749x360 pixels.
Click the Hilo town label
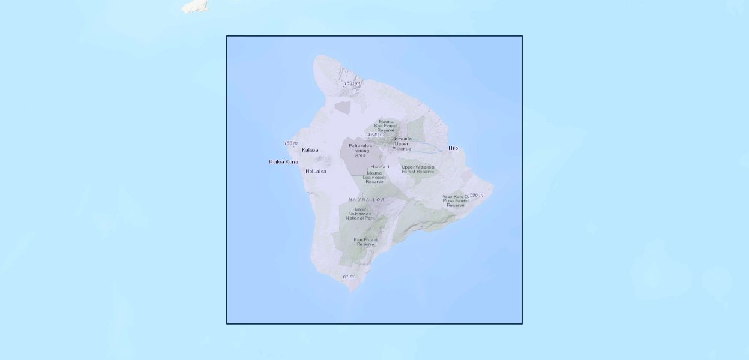coord(453,148)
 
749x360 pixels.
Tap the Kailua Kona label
coord(283,161)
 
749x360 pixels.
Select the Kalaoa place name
coord(310,150)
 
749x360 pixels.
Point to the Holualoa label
coord(316,171)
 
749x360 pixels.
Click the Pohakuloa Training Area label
coord(360,150)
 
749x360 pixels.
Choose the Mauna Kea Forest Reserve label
coord(386,125)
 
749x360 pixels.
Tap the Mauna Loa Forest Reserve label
coord(374,177)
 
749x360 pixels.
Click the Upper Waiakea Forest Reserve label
coord(418,169)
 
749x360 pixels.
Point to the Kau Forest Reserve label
coord(365,242)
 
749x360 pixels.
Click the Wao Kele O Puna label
coord(456,200)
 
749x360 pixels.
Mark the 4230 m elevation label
coord(376,134)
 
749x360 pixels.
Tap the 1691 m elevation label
coord(352,83)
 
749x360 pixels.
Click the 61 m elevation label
coord(348,277)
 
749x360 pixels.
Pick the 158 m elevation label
coord(290,143)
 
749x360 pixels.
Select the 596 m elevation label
coord(476,195)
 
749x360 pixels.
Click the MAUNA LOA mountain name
coord(366,199)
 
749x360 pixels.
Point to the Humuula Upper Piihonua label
coord(402,143)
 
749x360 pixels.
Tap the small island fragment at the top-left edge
coord(196,6)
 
